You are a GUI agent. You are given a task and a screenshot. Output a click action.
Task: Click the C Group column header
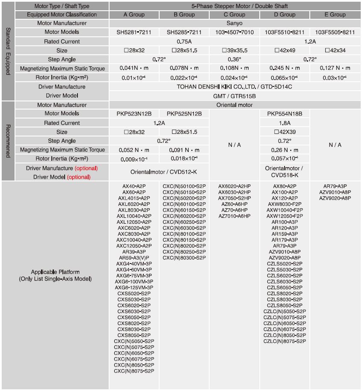pyautogui.click(x=234, y=15)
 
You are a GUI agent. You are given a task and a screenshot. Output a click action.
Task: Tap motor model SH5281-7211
pyautogui.click(x=134, y=32)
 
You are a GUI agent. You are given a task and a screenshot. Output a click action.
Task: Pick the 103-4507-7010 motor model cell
pyautogui.click(x=234, y=32)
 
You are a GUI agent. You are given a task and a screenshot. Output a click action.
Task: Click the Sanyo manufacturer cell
pyautogui.click(x=234, y=23)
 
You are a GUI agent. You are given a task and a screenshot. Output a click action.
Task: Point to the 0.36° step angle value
pyautogui.click(x=234, y=59)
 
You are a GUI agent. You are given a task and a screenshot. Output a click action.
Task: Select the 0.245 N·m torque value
pyautogui.click(x=285, y=68)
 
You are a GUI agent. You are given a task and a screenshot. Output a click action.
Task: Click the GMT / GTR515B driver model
pyautogui.click(x=234, y=96)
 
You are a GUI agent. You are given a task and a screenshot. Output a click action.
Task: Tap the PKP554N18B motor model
pyautogui.click(x=285, y=114)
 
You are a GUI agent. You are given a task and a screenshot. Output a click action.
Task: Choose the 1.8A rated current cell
pyautogui.click(x=285, y=123)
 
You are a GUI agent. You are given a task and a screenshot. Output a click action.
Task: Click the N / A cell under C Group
pyautogui.click(x=234, y=145)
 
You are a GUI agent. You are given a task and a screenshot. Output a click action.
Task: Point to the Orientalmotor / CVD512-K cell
pyautogui.click(x=159, y=172)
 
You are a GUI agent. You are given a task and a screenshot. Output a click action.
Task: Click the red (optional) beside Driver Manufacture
pyautogui.click(x=86, y=168)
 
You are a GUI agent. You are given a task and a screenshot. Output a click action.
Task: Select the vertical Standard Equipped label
pyautogui.click(x=8, y=51)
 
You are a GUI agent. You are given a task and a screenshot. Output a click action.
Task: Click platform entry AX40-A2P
pyautogui.click(x=134, y=187)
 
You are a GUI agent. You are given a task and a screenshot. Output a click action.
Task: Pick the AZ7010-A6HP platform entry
pyautogui.click(x=234, y=216)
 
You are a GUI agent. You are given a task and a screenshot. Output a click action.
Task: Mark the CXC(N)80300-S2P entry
pyautogui.click(x=184, y=258)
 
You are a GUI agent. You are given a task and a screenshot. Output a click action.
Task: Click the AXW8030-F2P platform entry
pyautogui.click(x=285, y=204)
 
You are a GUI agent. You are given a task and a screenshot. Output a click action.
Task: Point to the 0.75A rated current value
pyautogui.click(x=184, y=41)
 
